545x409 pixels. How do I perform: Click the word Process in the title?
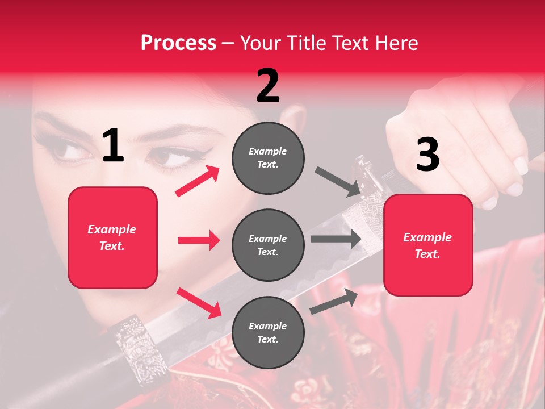point(178,43)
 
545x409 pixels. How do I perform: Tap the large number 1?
point(113,146)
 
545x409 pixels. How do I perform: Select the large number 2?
point(268,86)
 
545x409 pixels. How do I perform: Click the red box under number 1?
point(112,237)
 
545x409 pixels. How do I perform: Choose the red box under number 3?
point(428,245)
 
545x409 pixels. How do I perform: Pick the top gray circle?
point(268,158)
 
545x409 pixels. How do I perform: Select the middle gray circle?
point(268,245)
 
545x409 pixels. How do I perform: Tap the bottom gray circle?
point(268,333)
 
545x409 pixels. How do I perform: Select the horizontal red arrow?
point(199,240)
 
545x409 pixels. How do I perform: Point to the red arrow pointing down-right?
point(199,303)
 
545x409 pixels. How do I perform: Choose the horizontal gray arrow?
point(336,239)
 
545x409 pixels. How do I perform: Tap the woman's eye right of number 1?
point(168,157)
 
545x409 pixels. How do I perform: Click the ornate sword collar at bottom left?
point(135,348)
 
